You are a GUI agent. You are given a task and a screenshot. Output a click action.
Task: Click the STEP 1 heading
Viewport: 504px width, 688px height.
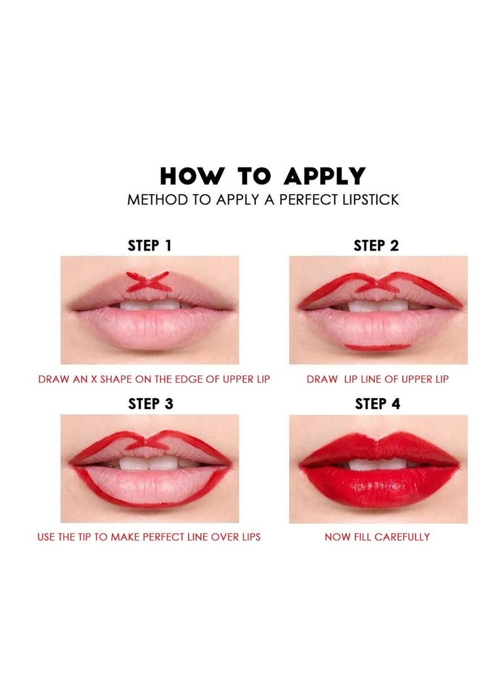[x=150, y=246]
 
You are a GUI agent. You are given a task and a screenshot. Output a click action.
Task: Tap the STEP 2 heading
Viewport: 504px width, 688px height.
[x=376, y=246]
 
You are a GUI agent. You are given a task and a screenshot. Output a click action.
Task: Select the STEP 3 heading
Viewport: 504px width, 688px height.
[x=150, y=404]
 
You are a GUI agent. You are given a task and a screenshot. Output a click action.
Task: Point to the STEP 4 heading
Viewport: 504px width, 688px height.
[x=377, y=404]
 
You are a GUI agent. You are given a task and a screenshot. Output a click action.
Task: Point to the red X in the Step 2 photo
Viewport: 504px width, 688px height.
[x=377, y=284]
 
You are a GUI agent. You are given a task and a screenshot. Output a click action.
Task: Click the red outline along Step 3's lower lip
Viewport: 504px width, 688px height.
[x=151, y=504]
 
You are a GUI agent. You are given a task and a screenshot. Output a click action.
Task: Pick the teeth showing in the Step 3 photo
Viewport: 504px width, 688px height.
[x=150, y=463]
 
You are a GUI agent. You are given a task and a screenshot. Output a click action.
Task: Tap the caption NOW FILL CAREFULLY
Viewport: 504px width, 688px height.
[x=377, y=537]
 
